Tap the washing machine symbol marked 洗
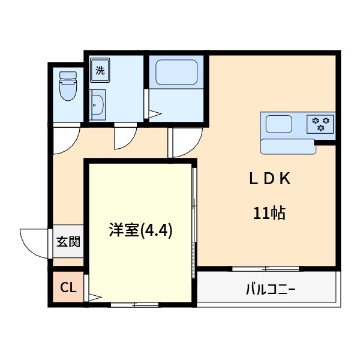(x=100, y=70)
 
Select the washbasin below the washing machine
(x=98, y=106)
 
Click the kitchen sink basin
(x=279, y=125)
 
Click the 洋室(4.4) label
(x=140, y=230)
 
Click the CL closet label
(x=68, y=288)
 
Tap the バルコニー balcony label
(x=270, y=289)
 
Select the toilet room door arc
(x=64, y=139)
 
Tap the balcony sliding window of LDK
(x=266, y=268)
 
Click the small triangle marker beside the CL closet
(x=94, y=296)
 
